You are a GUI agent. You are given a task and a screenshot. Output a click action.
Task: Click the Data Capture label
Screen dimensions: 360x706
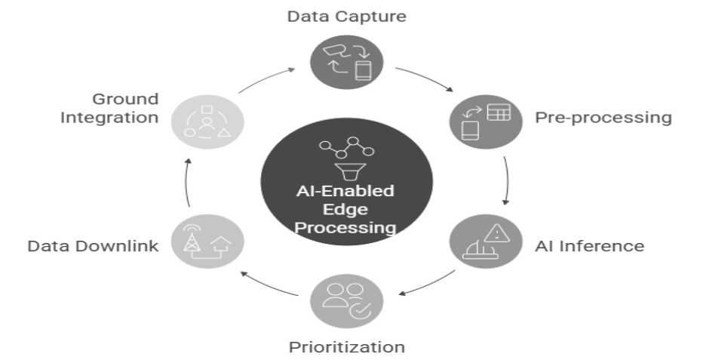click(347, 16)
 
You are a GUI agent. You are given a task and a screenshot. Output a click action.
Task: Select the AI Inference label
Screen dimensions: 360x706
click(589, 246)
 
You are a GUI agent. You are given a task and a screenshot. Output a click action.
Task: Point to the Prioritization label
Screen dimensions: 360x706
click(347, 347)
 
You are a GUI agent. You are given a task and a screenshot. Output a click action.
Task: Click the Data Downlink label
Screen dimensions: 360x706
click(93, 246)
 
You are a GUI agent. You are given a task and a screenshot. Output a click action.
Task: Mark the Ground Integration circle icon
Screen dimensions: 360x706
click(207, 119)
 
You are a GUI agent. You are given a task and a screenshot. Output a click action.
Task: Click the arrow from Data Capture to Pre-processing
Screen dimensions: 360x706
click(425, 78)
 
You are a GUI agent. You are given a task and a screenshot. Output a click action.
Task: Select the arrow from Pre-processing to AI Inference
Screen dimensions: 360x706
click(505, 181)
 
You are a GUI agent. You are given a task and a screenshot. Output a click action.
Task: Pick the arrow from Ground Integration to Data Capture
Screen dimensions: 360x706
click(269, 78)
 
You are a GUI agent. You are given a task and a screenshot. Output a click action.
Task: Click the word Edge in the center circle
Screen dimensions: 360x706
click(347, 209)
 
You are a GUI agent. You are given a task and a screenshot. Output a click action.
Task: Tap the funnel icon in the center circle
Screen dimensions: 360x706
click(347, 170)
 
